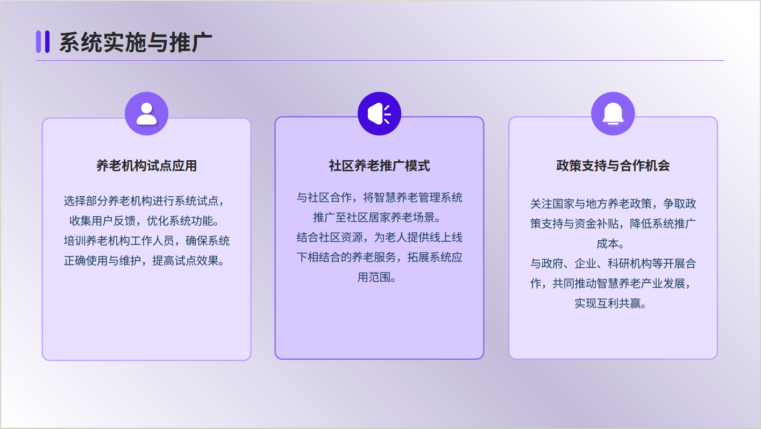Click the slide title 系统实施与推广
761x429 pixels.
point(136,42)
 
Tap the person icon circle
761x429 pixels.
point(146,113)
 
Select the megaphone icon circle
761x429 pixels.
point(379,113)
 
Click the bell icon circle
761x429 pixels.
point(613,113)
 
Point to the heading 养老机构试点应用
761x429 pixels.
point(146,166)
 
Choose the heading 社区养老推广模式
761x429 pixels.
point(379,166)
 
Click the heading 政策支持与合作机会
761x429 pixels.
point(613,166)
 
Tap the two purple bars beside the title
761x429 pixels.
point(43,42)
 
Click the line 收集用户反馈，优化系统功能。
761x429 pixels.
point(144,221)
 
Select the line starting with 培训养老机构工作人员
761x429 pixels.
point(146,241)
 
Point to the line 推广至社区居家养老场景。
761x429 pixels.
point(377,217)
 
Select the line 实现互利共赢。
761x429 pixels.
point(610,303)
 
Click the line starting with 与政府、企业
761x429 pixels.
point(613,263)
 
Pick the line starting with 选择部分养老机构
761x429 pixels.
point(144,201)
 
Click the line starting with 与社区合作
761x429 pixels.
point(379,197)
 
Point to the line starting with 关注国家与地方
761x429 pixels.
point(613,204)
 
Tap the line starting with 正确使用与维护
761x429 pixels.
point(144,261)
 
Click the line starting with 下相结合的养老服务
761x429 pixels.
point(379,257)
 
